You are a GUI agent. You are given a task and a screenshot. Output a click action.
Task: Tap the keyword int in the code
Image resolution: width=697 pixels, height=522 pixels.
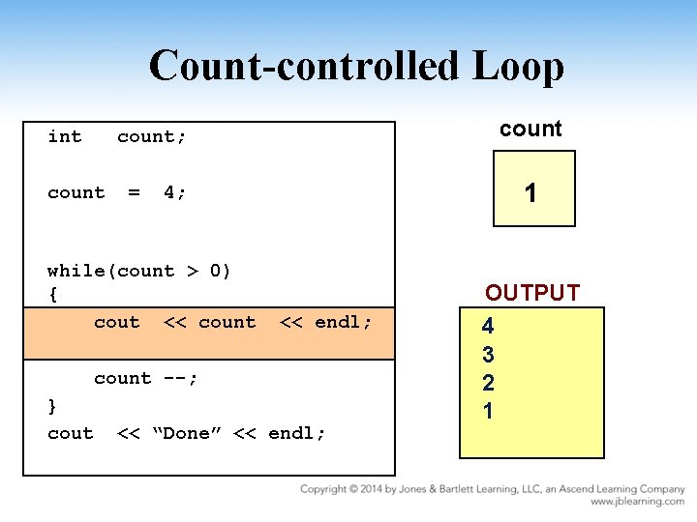tap(65, 136)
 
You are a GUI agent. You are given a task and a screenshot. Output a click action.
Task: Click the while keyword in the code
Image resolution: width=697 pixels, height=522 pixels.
tap(81, 271)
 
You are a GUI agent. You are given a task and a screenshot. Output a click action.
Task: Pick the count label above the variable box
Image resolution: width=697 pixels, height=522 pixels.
tap(530, 130)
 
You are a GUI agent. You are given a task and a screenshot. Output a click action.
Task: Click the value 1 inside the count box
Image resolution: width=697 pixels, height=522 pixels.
tap(530, 193)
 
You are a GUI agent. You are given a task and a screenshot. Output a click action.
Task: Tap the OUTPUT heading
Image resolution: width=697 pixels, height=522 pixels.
tap(532, 293)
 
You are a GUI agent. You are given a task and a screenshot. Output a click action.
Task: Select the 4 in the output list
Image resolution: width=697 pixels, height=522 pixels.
tap(488, 327)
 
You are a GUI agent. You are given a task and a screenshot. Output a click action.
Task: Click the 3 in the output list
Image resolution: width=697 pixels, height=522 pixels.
tap(488, 355)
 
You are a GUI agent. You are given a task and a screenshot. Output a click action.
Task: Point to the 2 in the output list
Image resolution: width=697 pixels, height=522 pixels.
tap(488, 383)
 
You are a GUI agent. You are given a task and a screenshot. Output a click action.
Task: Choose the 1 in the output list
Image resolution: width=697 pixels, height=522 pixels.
tap(488, 411)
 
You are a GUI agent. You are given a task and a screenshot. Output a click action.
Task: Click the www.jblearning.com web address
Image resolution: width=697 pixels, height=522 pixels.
tap(638, 502)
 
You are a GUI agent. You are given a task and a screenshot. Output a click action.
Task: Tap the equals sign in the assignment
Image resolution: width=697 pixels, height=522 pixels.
tap(134, 192)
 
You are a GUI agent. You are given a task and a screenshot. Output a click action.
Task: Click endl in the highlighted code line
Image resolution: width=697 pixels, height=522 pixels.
tap(341, 322)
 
